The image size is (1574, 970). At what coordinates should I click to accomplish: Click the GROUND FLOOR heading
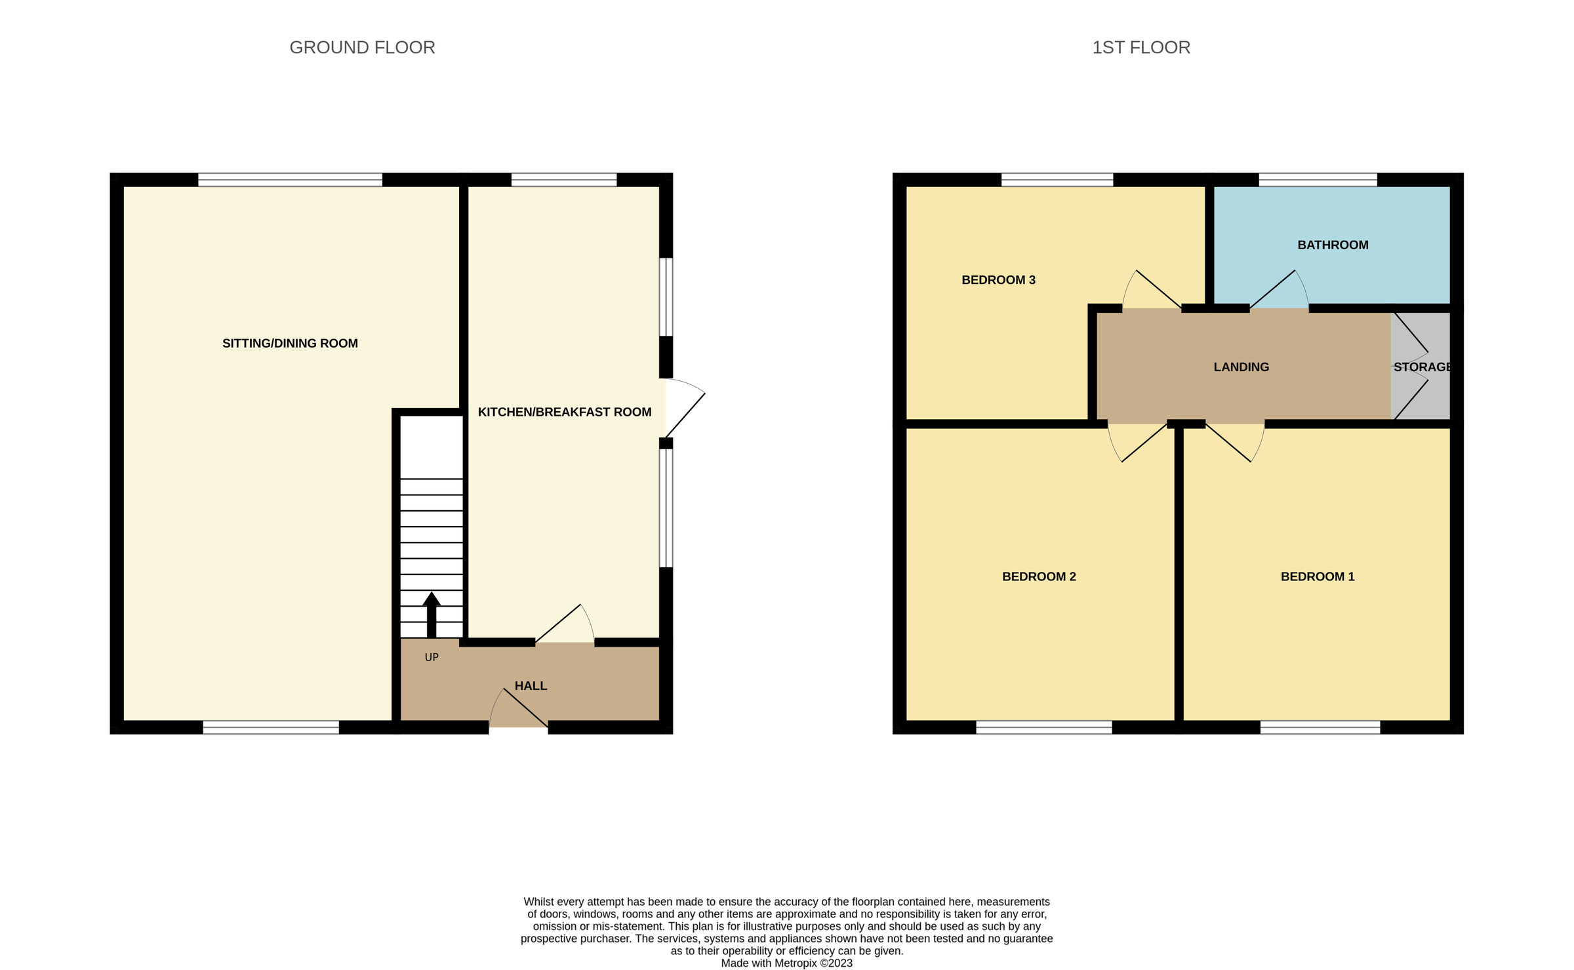point(362,47)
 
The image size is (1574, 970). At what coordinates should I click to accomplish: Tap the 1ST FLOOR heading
point(1140,47)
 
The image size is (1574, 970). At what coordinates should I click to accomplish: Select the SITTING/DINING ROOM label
point(290,343)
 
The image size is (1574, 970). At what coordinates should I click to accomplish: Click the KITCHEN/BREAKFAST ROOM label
point(564,412)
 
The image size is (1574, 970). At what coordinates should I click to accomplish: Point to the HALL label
point(531,685)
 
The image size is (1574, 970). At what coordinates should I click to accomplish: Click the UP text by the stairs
point(431,657)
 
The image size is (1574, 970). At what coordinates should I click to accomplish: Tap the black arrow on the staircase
point(431,613)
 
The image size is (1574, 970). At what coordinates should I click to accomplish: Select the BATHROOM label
point(1332,245)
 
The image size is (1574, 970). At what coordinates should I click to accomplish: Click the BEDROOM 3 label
point(998,280)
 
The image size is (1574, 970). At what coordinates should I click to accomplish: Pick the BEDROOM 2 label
point(1038,576)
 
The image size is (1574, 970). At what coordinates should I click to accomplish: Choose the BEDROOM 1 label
point(1317,576)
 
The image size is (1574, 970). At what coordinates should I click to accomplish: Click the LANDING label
point(1240,367)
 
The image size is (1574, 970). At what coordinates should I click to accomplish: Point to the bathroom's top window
point(1317,180)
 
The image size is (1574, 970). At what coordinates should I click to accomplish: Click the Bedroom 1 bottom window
point(1320,727)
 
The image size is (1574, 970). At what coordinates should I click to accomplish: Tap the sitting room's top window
point(290,180)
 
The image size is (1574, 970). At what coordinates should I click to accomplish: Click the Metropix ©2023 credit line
point(786,963)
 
